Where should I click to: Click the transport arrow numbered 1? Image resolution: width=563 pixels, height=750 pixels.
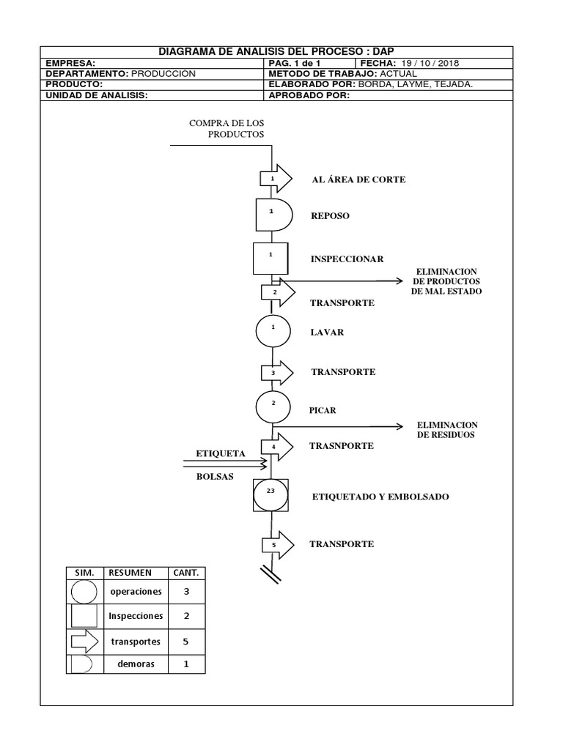pos(276,179)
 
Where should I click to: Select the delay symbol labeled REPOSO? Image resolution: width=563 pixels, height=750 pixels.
pos(273,215)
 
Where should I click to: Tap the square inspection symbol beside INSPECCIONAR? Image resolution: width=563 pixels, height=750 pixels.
pos(271,259)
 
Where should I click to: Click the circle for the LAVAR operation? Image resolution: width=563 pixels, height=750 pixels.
pos(273,332)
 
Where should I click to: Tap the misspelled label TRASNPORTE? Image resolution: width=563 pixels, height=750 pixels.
pos(342,445)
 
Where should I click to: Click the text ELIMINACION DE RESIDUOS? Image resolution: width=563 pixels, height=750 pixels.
pos(446,430)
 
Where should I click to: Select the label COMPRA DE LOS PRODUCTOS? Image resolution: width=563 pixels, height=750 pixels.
pos(227,128)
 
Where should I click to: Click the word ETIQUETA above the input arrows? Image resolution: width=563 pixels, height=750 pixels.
pos(219,453)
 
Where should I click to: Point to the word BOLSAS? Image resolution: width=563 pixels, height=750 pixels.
pos(215,476)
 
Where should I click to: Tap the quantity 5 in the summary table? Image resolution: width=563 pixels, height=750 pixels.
pos(185,641)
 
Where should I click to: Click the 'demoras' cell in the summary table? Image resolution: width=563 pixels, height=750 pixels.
pos(136,664)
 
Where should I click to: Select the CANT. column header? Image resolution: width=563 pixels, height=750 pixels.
pos(185,572)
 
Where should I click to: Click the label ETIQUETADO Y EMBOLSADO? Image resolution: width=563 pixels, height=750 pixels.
pos(380,497)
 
